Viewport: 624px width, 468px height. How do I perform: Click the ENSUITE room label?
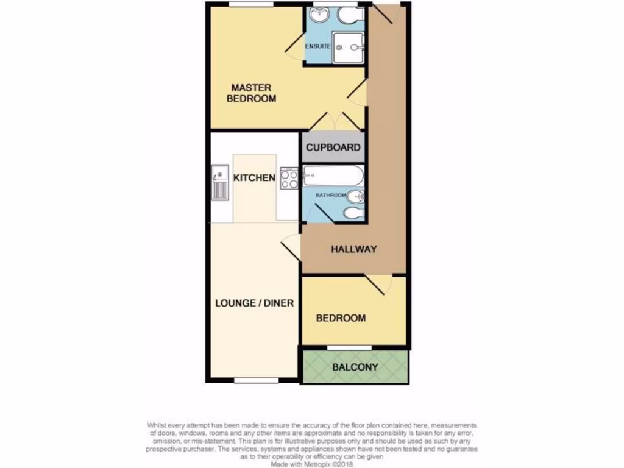(x=317, y=46)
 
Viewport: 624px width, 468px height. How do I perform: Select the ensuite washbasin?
(x=319, y=16)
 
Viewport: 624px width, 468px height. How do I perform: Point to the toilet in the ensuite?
(x=350, y=16)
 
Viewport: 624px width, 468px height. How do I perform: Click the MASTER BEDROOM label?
(x=251, y=93)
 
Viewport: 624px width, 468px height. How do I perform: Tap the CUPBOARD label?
(x=333, y=147)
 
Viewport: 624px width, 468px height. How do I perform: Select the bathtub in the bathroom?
(x=333, y=176)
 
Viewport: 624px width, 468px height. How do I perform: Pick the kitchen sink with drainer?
(x=219, y=182)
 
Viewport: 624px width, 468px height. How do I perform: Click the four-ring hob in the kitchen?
(x=289, y=178)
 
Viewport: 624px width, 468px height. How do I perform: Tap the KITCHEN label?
(x=254, y=178)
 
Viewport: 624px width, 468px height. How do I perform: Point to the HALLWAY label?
(x=354, y=249)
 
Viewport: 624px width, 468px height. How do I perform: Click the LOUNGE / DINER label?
(x=254, y=303)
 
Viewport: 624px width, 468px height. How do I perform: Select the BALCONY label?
(x=355, y=367)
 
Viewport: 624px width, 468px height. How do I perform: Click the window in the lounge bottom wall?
(x=256, y=380)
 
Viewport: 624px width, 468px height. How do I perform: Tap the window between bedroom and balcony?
(x=349, y=348)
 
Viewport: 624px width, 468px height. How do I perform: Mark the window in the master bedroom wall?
(x=250, y=4)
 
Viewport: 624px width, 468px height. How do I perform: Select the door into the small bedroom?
(x=379, y=284)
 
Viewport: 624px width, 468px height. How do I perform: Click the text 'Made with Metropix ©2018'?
(x=311, y=463)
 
